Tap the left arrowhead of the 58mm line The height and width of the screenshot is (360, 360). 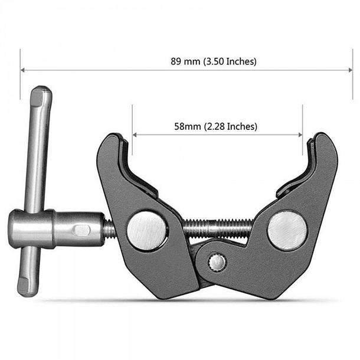(x=135, y=135)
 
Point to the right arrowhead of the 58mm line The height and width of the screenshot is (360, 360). (x=300, y=135)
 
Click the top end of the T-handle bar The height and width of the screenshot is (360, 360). (x=42, y=92)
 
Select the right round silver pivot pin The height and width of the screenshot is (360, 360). (x=287, y=230)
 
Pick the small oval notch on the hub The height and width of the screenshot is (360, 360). (x=83, y=229)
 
